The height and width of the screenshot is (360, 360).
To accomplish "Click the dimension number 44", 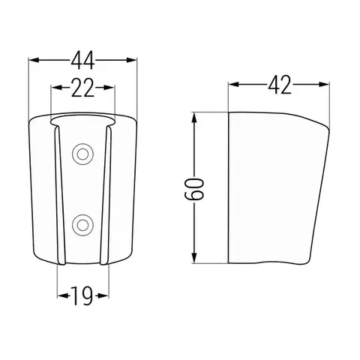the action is [x=82, y=60].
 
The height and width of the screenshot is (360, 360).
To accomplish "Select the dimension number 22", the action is [x=82, y=88].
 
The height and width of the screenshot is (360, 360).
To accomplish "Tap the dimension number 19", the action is [x=82, y=296].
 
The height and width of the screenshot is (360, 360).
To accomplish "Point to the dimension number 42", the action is [x=280, y=85].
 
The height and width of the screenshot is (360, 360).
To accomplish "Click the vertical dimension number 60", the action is [x=194, y=189].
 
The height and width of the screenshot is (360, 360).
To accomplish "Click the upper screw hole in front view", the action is [x=82, y=154].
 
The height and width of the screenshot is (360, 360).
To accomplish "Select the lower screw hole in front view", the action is [x=82, y=225].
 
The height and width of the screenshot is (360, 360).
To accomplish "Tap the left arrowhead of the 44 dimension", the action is [x=34, y=60].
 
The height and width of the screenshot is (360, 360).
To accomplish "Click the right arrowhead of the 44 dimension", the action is [x=132, y=60].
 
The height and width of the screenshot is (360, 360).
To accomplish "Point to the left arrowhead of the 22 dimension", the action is [x=56, y=88].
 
